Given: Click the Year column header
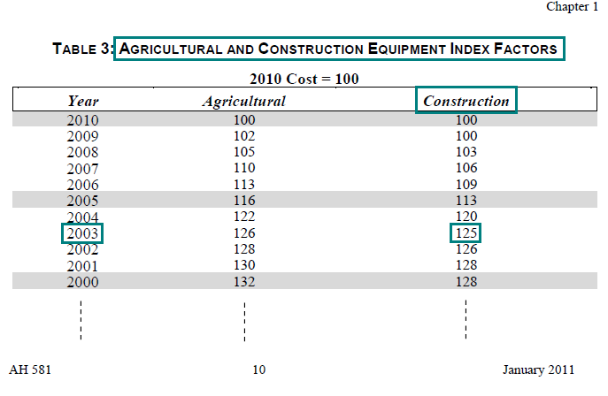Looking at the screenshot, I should point(82,101).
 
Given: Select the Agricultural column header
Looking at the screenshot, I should point(243,101).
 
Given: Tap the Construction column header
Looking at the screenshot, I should point(466,101).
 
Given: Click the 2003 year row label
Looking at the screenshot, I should point(82,233).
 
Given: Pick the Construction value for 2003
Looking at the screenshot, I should point(466,233).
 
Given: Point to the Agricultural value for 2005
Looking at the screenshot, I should point(243,201).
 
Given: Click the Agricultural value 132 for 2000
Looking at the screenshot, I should point(243,282).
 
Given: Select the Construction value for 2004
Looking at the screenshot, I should point(466,217).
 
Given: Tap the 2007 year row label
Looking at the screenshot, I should point(82,168).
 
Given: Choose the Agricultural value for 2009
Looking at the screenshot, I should point(243,136).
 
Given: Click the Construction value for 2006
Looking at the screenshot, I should point(466,185).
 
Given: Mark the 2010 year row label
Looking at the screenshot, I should point(82,119).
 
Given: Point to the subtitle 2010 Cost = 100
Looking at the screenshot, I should point(304,79).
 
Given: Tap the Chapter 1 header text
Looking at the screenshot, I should point(572,7).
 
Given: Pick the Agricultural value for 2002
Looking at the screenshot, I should point(243,249).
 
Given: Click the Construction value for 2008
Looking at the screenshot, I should point(466,152).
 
